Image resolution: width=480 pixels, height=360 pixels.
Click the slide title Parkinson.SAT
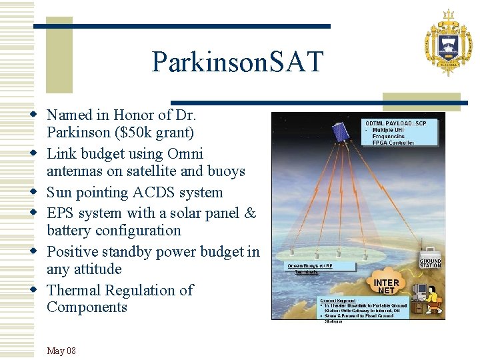click(237, 62)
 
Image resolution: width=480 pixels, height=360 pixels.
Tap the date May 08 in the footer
click(61, 351)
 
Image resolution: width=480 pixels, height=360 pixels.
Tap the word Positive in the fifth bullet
click(77, 252)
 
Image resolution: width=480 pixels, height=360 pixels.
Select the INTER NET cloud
click(387, 283)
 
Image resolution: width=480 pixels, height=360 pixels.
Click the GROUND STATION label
click(430, 263)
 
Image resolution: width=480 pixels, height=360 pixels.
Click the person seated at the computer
click(431, 301)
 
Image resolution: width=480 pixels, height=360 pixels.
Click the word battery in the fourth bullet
click(71, 231)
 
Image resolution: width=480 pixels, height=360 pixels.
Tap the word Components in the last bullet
click(87, 307)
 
